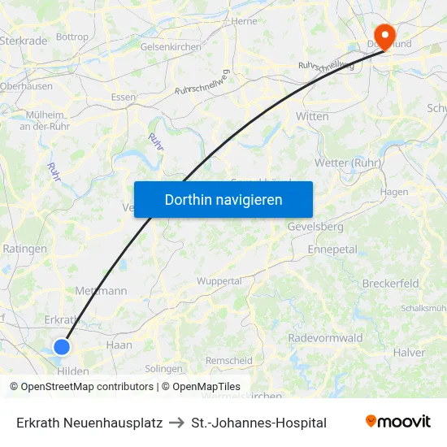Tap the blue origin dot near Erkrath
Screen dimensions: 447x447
point(62,347)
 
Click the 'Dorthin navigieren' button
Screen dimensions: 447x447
point(223,199)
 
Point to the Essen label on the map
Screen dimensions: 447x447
point(124,97)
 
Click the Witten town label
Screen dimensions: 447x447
point(312,116)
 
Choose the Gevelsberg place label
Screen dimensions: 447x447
point(315,227)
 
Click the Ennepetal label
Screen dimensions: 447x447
point(332,250)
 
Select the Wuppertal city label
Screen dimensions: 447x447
point(219,281)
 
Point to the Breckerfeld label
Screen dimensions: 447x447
point(390,284)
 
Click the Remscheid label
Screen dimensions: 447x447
point(228,361)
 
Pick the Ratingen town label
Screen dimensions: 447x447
point(24,249)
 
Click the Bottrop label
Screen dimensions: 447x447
point(72,37)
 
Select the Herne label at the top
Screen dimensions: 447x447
point(244,22)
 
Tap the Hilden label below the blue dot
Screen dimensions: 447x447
point(73,371)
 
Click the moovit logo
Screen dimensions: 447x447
point(397,422)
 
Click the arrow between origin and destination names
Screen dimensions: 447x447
point(176,423)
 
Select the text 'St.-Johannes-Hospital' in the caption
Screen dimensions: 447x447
point(258,423)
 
